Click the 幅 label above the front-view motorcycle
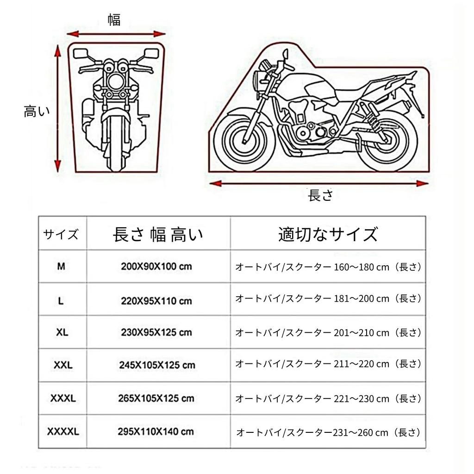pos(114,20)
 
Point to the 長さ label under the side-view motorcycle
pos(320,196)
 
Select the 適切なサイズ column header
pos(328,234)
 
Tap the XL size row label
pos(62,332)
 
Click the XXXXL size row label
pos(63,432)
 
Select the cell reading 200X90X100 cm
pos(156,267)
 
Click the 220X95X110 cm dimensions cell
pos(156,300)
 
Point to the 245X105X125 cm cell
pos(156,365)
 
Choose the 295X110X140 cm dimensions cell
pos(156,432)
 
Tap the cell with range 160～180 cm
pos(328,267)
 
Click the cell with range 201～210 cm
pos(328,332)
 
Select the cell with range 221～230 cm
pos(328,398)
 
